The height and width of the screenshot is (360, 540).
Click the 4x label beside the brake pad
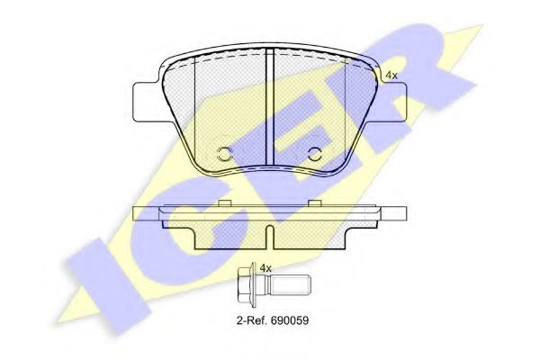pyautogui.click(x=391, y=76)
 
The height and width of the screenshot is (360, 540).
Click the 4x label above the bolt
pyautogui.click(x=265, y=268)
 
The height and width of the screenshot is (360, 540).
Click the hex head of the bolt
pyautogui.click(x=245, y=285)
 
